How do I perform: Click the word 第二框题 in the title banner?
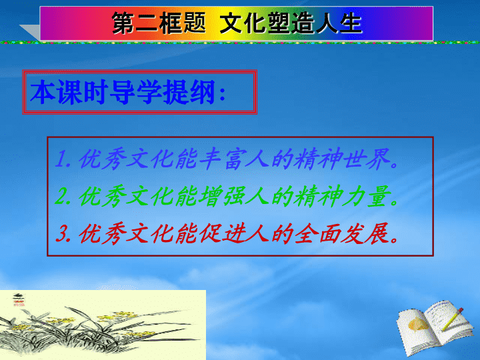pos(159,23)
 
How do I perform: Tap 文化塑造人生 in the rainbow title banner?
pos(291,23)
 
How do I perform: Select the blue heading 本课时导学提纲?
pos(123,92)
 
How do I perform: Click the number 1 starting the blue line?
pos(62,159)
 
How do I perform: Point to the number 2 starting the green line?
pos(62,196)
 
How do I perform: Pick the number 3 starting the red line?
pos(63,233)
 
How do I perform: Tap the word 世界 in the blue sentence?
pos(367,159)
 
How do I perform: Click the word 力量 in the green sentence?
pos(367,196)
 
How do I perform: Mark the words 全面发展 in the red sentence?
pos(342,233)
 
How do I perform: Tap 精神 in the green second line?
pos(319,196)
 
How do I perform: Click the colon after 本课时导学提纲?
pos(223,93)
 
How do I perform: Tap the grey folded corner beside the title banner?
pos(31,31)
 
